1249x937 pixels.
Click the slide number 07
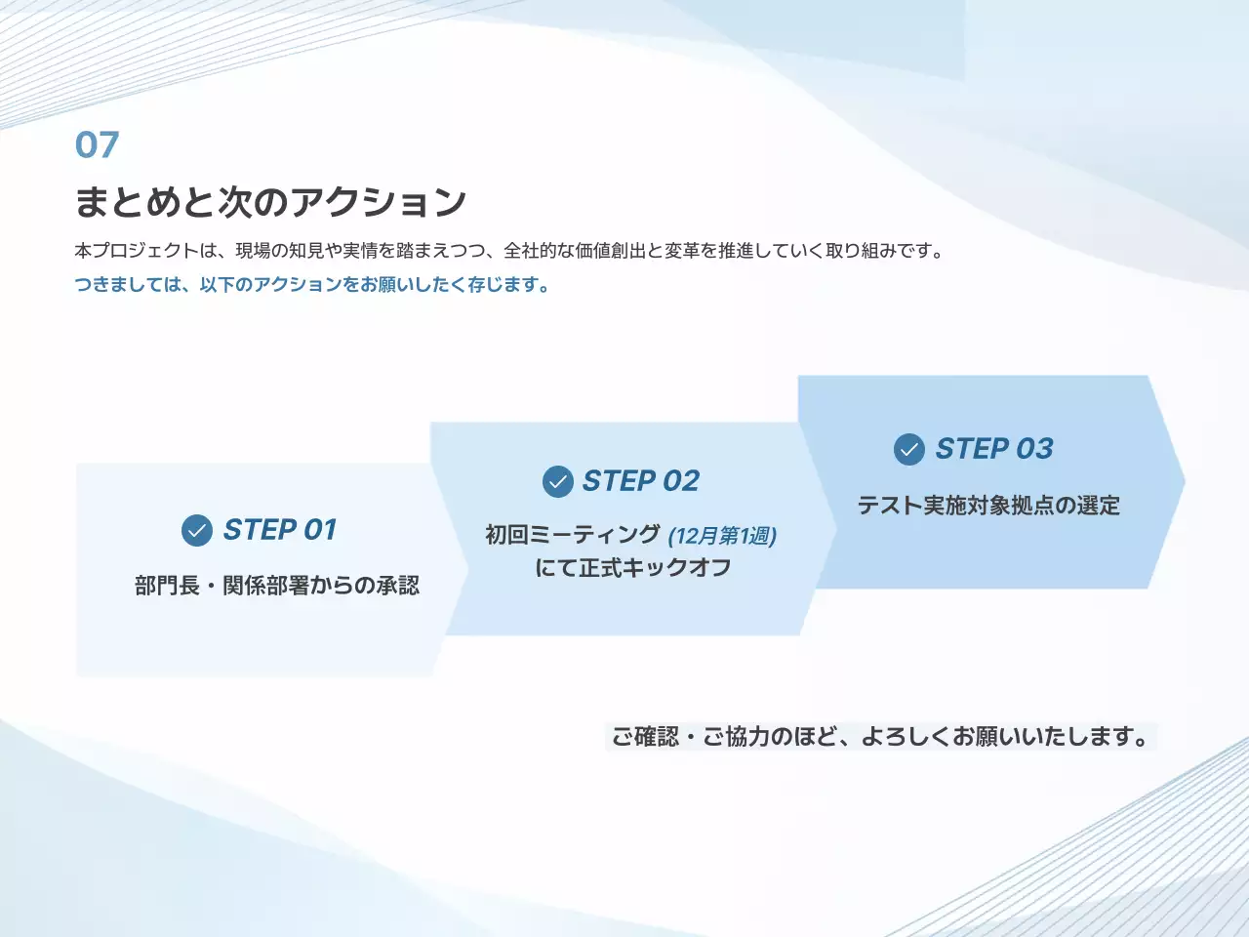click(97, 145)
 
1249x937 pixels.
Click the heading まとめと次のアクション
click(270, 202)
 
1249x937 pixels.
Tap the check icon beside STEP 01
click(197, 530)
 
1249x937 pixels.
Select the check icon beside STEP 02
click(557, 481)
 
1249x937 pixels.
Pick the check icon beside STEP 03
click(908, 449)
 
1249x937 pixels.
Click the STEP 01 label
click(280, 530)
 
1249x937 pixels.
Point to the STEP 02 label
click(640, 481)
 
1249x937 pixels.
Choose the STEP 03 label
click(993, 449)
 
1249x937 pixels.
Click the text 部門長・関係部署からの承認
click(277, 586)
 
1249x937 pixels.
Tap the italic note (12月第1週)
click(722, 536)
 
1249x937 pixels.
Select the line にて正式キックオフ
click(632, 568)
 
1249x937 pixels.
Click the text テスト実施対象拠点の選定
click(987, 506)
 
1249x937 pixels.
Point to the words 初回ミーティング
click(573, 535)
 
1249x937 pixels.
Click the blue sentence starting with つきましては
click(312, 285)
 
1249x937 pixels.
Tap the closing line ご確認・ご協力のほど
click(880, 737)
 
